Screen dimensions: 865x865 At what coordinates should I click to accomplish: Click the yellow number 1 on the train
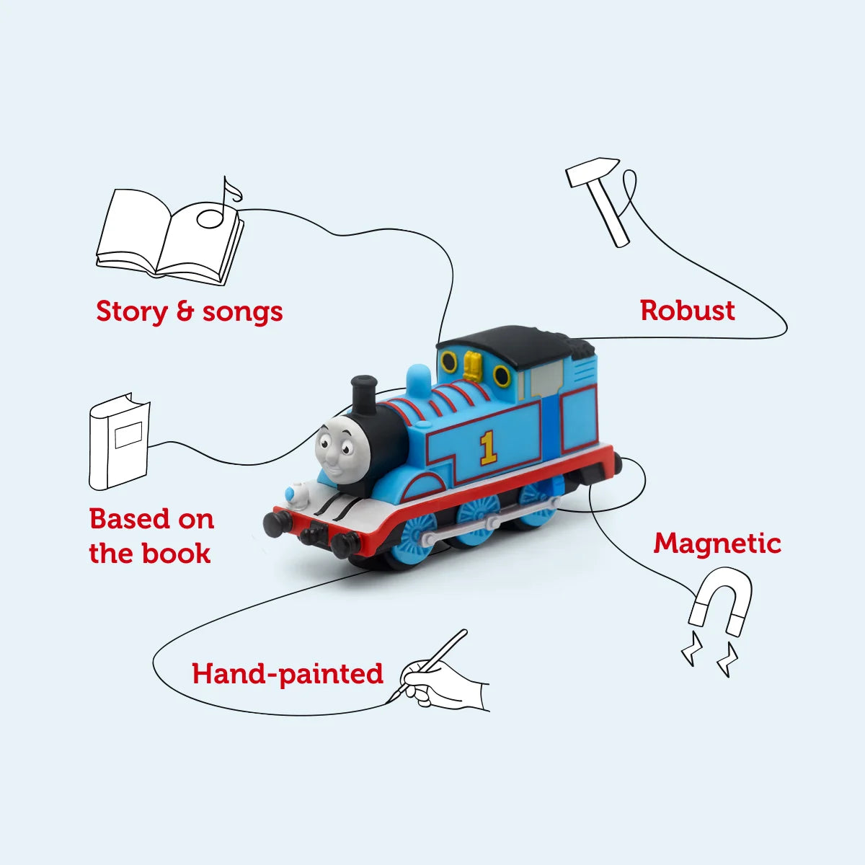[x=488, y=448]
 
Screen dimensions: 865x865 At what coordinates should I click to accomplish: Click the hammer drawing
[x=603, y=198]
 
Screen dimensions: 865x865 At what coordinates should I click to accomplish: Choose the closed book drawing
[x=119, y=441]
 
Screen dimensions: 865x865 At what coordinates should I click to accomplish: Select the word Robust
[x=687, y=311]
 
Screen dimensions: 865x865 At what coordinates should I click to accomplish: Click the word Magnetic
[x=717, y=544]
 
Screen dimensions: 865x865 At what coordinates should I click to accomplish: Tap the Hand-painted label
[x=287, y=674]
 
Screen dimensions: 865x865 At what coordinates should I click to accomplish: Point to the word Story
[x=131, y=312]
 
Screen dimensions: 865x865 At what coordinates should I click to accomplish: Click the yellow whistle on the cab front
[x=472, y=364]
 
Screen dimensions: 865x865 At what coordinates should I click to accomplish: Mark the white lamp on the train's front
[x=295, y=494]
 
